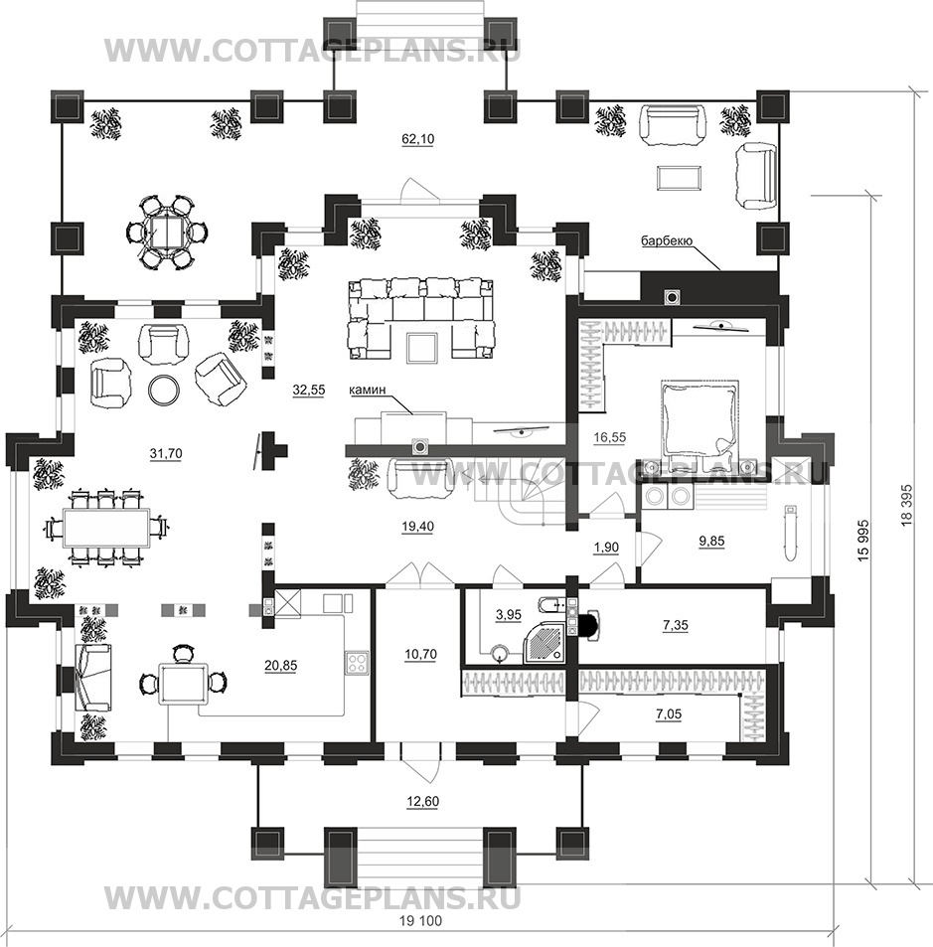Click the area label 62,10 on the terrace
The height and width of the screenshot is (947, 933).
418,139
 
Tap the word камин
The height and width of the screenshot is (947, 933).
367,391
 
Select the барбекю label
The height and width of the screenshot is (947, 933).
667,241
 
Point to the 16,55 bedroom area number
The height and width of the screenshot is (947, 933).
609,436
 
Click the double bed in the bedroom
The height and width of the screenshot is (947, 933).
700,420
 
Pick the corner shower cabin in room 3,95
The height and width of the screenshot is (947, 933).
545,642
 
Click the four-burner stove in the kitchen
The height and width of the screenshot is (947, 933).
357,663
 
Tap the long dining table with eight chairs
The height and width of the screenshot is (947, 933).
106,528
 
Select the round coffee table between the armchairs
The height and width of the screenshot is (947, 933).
164,391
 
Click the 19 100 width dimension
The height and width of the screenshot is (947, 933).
420,921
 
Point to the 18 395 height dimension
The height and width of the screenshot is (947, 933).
906,505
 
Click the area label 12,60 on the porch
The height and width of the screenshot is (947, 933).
422,802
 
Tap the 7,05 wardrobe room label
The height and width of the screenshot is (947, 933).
669,714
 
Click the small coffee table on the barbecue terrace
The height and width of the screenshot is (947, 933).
679,178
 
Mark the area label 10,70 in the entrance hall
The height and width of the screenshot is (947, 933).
420,654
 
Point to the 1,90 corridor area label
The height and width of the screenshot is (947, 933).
606,548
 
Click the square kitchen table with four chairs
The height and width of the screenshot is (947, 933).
183,683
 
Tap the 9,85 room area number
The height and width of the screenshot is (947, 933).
711,542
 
